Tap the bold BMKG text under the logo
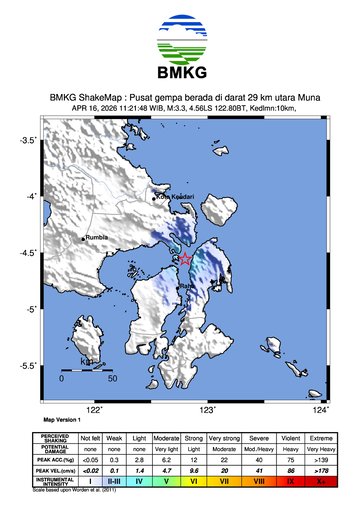(x=180, y=74)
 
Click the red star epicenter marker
(x=186, y=258)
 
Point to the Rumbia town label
(x=97, y=238)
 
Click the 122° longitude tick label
(x=95, y=409)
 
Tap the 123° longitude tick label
(x=208, y=409)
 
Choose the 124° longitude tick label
(x=321, y=409)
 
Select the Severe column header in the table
(x=259, y=439)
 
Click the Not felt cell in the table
(x=90, y=439)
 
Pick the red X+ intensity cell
(x=321, y=480)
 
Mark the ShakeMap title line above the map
(x=180, y=98)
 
